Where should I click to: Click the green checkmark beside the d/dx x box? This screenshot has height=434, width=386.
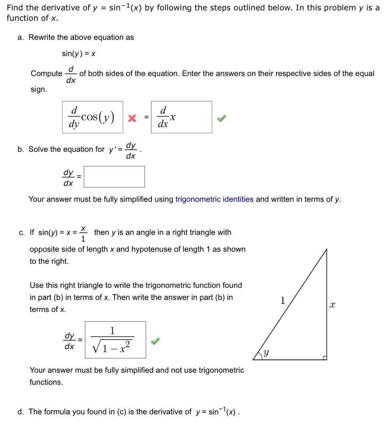click(x=222, y=119)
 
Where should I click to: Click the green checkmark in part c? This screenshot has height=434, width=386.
click(x=156, y=341)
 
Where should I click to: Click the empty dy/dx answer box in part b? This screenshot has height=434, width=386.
click(x=114, y=177)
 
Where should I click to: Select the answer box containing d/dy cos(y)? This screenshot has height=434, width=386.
click(x=93, y=117)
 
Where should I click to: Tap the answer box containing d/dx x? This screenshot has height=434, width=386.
click(x=181, y=117)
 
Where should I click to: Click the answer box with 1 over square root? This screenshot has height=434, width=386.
click(x=116, y=340)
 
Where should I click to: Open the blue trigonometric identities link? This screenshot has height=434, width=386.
click(x=214, y=199)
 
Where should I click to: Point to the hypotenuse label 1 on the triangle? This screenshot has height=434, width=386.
click(x=283, y=301)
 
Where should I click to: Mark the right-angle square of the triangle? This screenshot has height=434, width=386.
click(x=325, y=358)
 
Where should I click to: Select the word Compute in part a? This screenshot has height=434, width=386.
click(x=46, y=74)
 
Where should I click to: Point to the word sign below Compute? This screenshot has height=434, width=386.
click(x=38, y=90)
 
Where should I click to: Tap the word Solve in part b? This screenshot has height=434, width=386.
click(x=38, y=149)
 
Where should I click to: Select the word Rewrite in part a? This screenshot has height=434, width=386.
click(x=41, y=37)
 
